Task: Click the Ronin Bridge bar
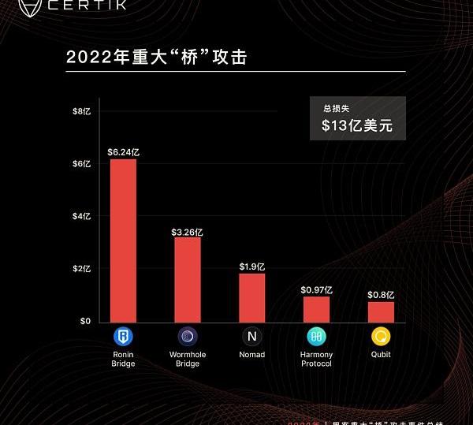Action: click(x=123, y=240)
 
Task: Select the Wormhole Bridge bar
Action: click(x=188, y=279)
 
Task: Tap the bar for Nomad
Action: click(x=252, y=297)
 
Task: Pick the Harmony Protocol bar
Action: click(x=316, y=309)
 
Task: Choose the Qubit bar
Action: click(x=381, y=311)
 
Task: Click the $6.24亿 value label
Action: click(x=124, y=152)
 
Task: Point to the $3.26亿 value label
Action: click(x=188, y=232)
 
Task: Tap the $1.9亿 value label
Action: click(x=252, y=267)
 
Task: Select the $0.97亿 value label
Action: click(x=316, y=290)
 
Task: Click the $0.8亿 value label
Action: click(x=381, y=295)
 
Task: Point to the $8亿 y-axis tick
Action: click(x=82, y=111)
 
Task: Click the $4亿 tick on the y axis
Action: click(x=82, y=216)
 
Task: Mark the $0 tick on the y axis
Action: click(x=84, y=321)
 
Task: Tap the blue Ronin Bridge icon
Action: click(x=124, y=337)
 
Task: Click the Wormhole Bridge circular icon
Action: click(x=188, y=337)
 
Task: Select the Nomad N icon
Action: click(x=252, y=337)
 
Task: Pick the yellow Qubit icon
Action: click(x=381, y=337)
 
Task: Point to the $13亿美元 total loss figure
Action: click(x=357, y=125)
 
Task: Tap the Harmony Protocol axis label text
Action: click(x=316, y=359)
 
